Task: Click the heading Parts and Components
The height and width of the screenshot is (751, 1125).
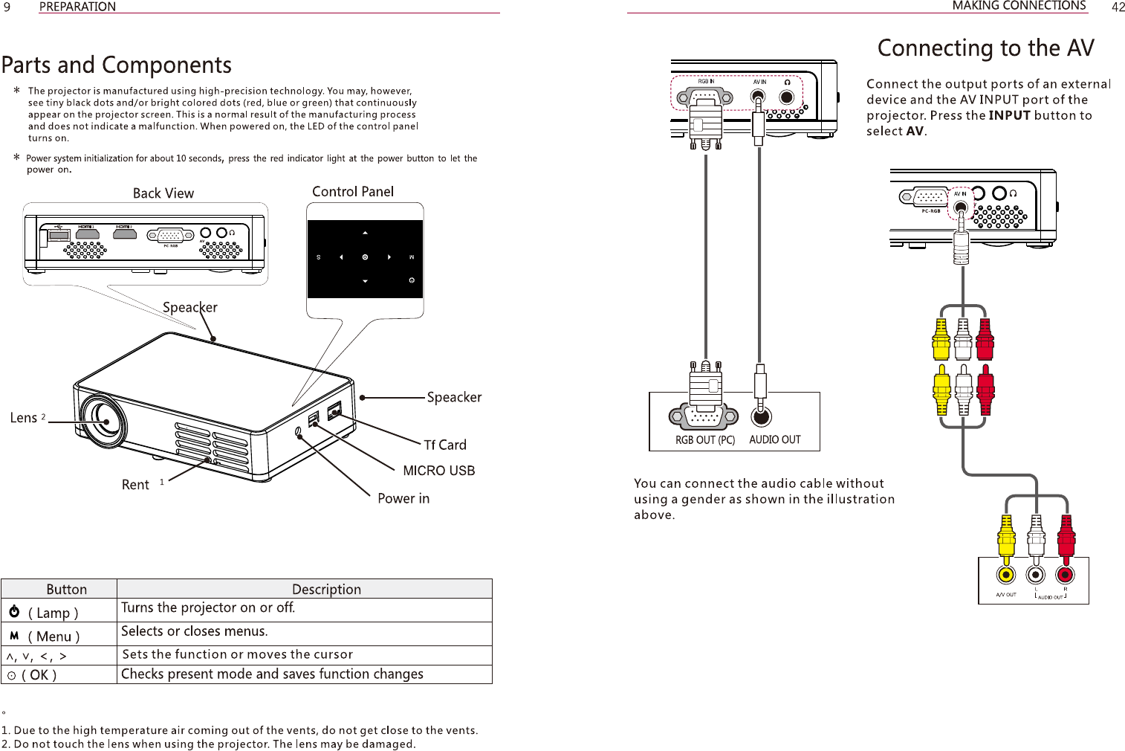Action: pyautogui.click(x=117, y=65)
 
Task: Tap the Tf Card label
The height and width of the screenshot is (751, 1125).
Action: pyautogui.click(x=445, y=445)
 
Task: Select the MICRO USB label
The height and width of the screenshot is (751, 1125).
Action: pyautogui.click(x=438, y=471)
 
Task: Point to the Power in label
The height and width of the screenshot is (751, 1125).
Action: pyautogui.click(x=403, y=498)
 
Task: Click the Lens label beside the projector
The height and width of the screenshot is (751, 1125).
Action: pyautogui.click(x=24, y=418)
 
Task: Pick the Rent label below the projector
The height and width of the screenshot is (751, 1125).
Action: pyautogui.click(x=135, y=485)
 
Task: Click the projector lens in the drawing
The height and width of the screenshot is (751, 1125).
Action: pyautogui.click(x=103, y=421)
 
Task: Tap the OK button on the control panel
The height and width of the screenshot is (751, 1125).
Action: pyautogui.click(x=365, y=257)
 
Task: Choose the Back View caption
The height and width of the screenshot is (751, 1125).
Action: pyautogui.click(x=163, y=193)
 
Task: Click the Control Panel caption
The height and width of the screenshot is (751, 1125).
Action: pyautogui.click(x=353, y=192)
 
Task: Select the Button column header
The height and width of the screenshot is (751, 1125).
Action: pyautogui.click(x=66, y=590)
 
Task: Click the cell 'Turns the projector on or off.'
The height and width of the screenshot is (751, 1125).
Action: pyautogui.click(x=208, y=608)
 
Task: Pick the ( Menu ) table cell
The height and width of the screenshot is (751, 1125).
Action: pyautogui.click(x=54, y=636)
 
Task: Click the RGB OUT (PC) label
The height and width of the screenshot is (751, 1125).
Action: pyautogui.click(x=704, y=440)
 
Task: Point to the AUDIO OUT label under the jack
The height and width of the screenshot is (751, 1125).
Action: pyautogui.click(x=775, y=439)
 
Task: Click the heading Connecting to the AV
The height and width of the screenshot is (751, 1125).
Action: pyautogui.click(x=985, y=48)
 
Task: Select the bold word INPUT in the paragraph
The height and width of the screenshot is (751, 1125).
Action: pyautogui.click(x=1009, y=115)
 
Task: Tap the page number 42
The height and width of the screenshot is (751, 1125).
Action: pyautogui.click(x=1118, y=7)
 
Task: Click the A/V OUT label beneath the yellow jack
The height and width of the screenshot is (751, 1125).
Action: pyautogui.click(x=1006, y=595)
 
